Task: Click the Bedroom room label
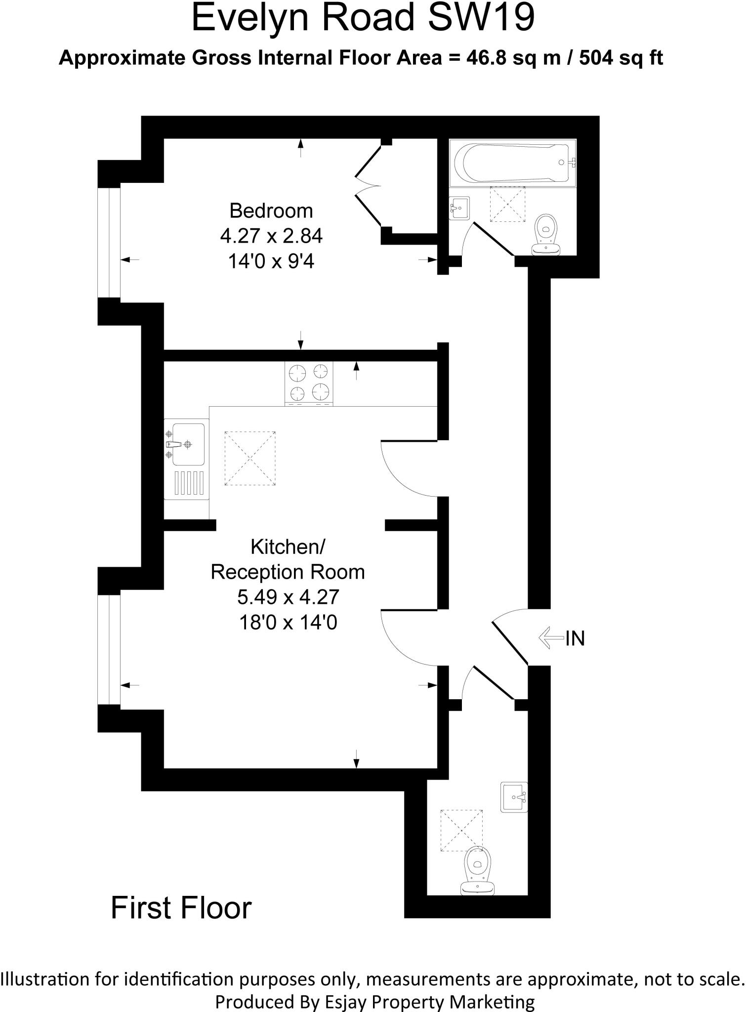(271, 211)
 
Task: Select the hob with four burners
(309, 383)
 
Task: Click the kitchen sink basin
(188, 444)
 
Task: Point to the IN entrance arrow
(551, 637)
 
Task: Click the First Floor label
(181, 907)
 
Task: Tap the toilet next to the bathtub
(546, 234)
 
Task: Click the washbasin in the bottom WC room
(514, 797)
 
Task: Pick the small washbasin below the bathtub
(460, 208)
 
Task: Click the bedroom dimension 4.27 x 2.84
(271, 236)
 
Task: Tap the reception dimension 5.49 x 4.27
(288, 597)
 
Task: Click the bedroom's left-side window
(109, 243)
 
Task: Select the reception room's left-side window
(109, 649)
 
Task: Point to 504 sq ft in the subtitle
(621, 58)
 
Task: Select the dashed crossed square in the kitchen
(250, 458)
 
